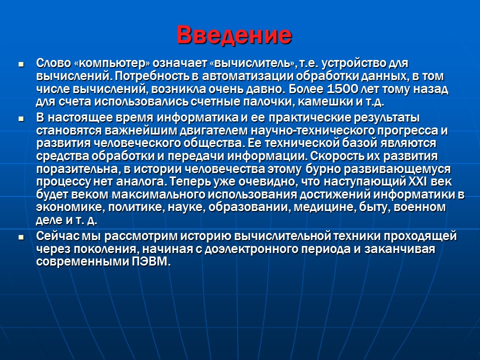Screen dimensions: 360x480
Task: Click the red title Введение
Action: [x=234, y=34]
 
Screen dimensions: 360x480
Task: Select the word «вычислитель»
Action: [x=253, y=64]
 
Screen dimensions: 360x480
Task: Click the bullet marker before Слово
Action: [x=21, y=65]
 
